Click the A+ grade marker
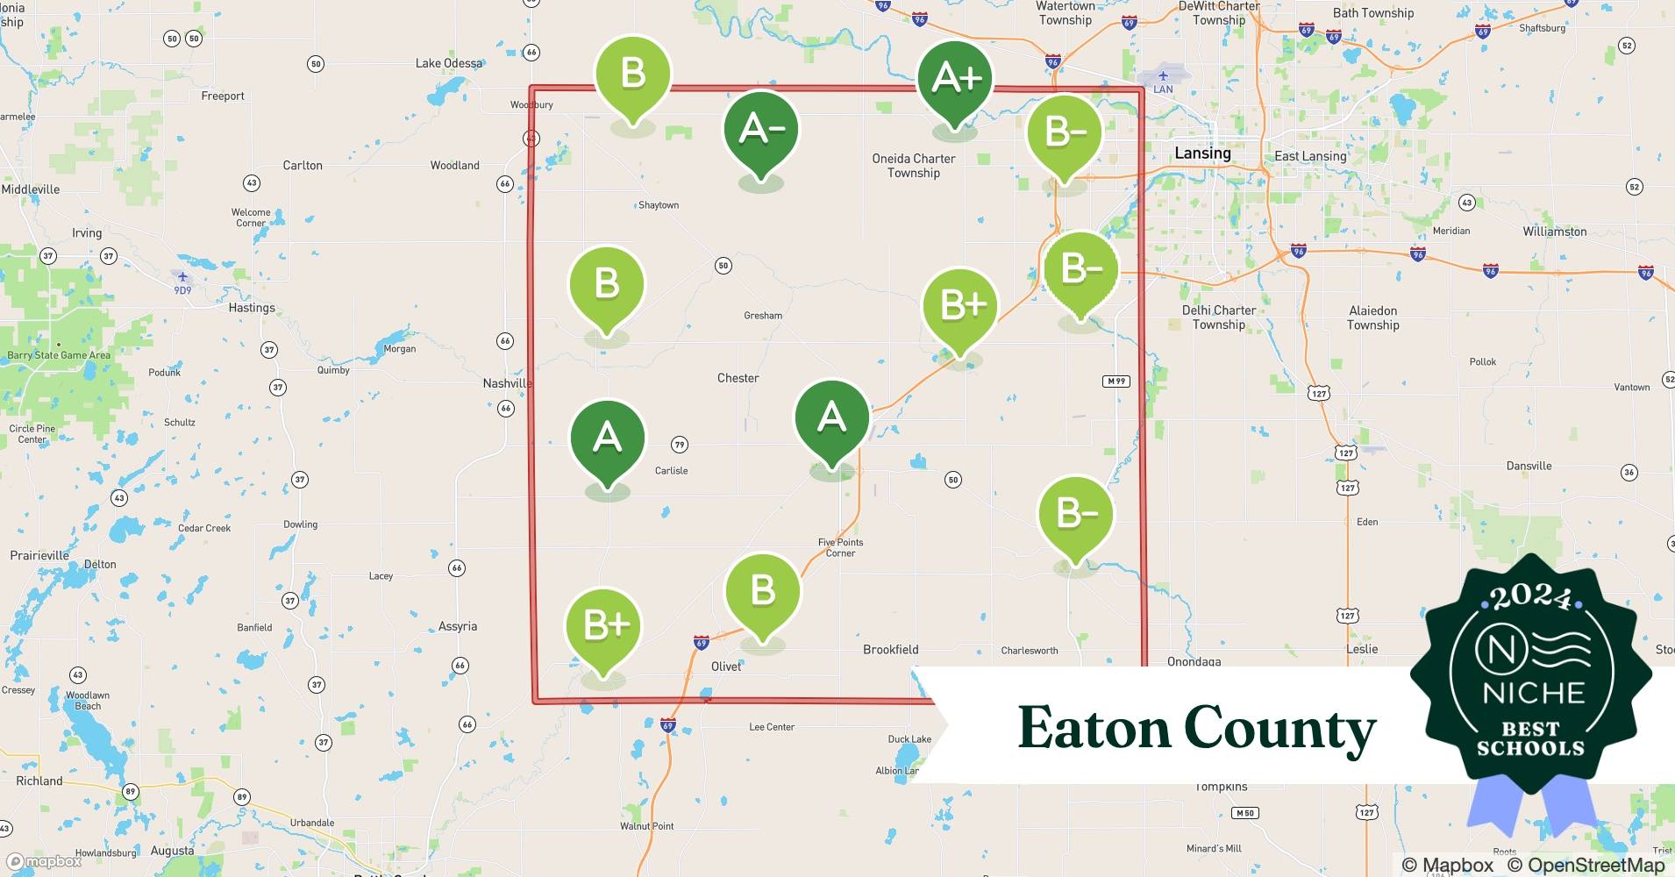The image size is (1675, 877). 955,78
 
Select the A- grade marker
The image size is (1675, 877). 761,129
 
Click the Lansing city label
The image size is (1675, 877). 1202,153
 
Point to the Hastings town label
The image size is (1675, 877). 252,308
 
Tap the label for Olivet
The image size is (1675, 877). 726,667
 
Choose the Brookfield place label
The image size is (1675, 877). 890,650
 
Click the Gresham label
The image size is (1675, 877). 763,316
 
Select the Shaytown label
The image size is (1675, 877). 659,205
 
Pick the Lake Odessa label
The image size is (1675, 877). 449,63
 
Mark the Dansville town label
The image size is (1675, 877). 1529,466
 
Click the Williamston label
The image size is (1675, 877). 1555,232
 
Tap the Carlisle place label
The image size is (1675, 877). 672,471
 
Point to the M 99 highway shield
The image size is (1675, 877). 1116,381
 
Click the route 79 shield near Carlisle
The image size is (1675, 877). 680,446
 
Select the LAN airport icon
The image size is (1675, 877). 1163,76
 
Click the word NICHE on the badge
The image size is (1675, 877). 1534,693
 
